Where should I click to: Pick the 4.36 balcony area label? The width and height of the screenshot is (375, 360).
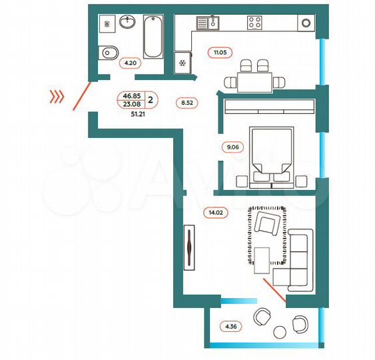point(230,327)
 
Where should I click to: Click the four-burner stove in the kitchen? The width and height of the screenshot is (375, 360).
point(255,23)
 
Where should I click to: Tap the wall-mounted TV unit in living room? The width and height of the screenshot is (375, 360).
point(190,248)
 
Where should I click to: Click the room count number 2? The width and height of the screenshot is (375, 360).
point(150,100)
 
